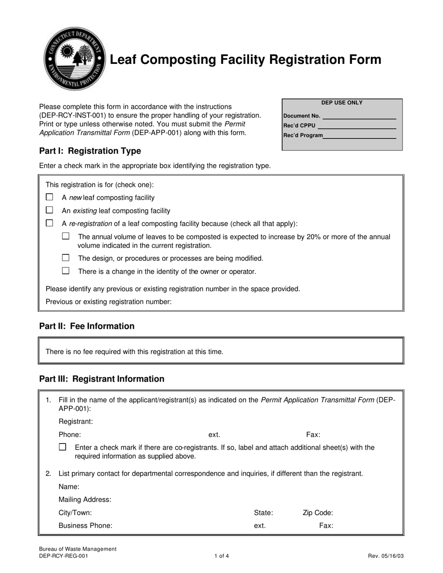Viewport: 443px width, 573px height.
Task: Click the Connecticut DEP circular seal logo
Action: click(x=74, y=59)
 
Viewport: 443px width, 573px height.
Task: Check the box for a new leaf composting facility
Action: click(x=49, y=197)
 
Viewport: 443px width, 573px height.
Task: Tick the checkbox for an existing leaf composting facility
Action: click(x=49, y=210)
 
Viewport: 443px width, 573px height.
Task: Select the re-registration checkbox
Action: click(x=49, y=223)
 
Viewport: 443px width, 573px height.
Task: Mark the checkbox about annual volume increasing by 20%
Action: click(x=66, y=236)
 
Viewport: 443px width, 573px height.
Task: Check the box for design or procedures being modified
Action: click(x=66, y=258)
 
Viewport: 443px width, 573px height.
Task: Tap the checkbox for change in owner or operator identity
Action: click(x=66, y=271)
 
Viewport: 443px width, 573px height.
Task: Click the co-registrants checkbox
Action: click(x=62, y=447)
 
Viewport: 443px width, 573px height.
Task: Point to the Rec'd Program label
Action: click(x=303, y=135)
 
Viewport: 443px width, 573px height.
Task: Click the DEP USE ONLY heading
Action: click(x=342, y=103)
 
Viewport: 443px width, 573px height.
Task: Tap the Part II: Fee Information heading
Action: click(x=87, y=326)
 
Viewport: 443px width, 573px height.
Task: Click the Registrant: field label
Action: click(x=76, y=422)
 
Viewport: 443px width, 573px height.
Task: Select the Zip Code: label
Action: click(x=318, y=513)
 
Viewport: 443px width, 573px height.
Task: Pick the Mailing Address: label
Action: click(x=85, y=500)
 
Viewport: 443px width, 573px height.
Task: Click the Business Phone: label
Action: click(x=85, y=525)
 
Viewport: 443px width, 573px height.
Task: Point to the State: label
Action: click(x=263, y=513)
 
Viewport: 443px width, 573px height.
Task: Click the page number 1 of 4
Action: click(x=221, y=556)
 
